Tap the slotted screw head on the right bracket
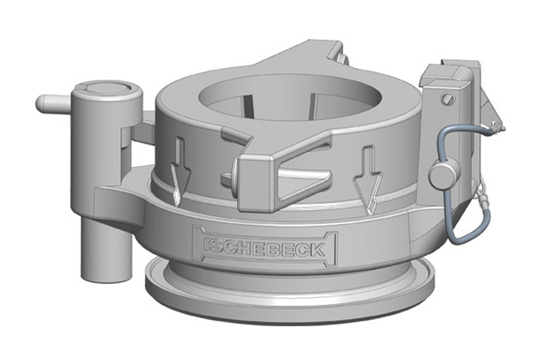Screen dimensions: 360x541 (449, 98)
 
